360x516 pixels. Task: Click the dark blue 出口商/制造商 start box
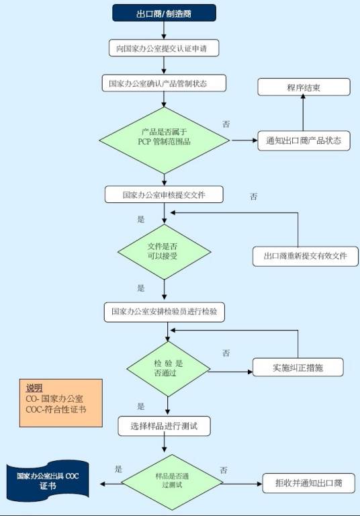[x=164, y=13]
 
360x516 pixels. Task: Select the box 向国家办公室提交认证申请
[x=164, y=48]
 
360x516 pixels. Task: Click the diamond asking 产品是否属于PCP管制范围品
[x=164, y=140]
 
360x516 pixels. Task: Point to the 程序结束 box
[x=303, y=87]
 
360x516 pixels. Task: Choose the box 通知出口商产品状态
[x=304, y=141]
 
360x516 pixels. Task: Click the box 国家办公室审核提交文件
[x=164, y=194]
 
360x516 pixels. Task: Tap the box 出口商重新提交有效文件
[x=306, y=256]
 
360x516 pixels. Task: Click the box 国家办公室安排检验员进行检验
[x=164, y=312]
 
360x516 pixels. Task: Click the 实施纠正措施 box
[x=298, y=368]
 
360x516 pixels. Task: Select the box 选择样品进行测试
[x=165, y=425]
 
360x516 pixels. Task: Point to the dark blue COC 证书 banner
[x=48, y=480]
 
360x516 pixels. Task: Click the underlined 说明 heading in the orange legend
[x=34, y=388]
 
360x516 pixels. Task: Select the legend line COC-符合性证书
[x=56, y=408]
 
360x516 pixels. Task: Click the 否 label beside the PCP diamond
[x=226, y=124]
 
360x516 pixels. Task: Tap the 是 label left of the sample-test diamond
[x=118, y=468]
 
